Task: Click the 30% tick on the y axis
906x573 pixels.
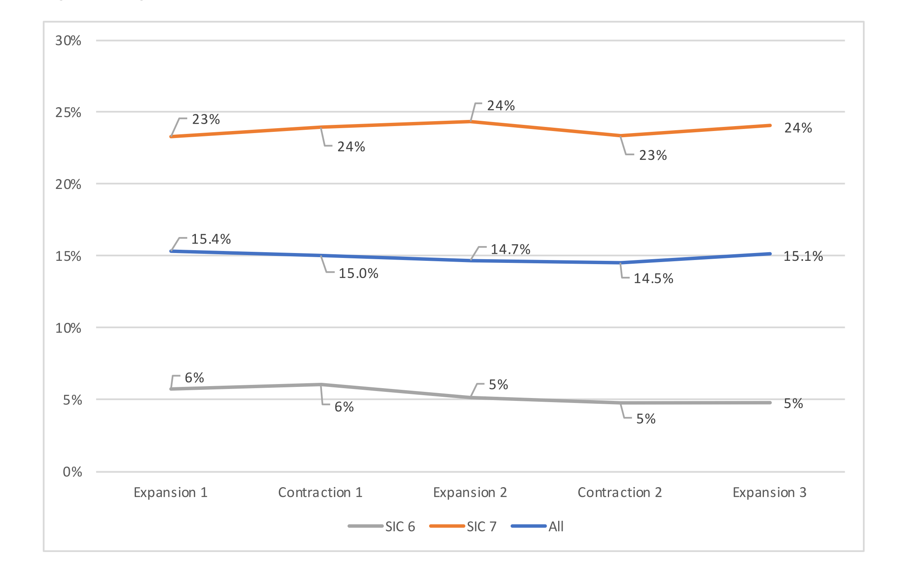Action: coord(68,41)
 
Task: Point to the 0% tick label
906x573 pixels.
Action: coord(72,472)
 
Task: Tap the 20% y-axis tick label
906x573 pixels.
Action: coord(68,184)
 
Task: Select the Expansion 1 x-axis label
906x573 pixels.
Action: coord(170,492)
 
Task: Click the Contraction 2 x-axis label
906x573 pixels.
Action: coord(620,492)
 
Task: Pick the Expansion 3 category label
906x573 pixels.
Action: coord(770,492)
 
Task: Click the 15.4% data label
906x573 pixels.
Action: coord(211,239)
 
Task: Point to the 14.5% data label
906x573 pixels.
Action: coord(653,279)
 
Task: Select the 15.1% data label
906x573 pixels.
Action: coord(803,257)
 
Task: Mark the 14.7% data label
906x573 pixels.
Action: coord(510,250)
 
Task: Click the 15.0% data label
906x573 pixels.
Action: coord(358,274)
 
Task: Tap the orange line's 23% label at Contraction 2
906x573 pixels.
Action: coord(653,156)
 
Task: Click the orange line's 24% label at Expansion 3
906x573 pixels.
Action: coord(798,128)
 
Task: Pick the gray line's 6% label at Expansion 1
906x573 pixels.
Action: coord(194,378)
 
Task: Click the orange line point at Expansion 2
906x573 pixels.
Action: coord(470,122)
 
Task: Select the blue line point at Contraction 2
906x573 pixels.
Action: coord(620,262)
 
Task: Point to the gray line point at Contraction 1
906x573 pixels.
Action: coord(321,384)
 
